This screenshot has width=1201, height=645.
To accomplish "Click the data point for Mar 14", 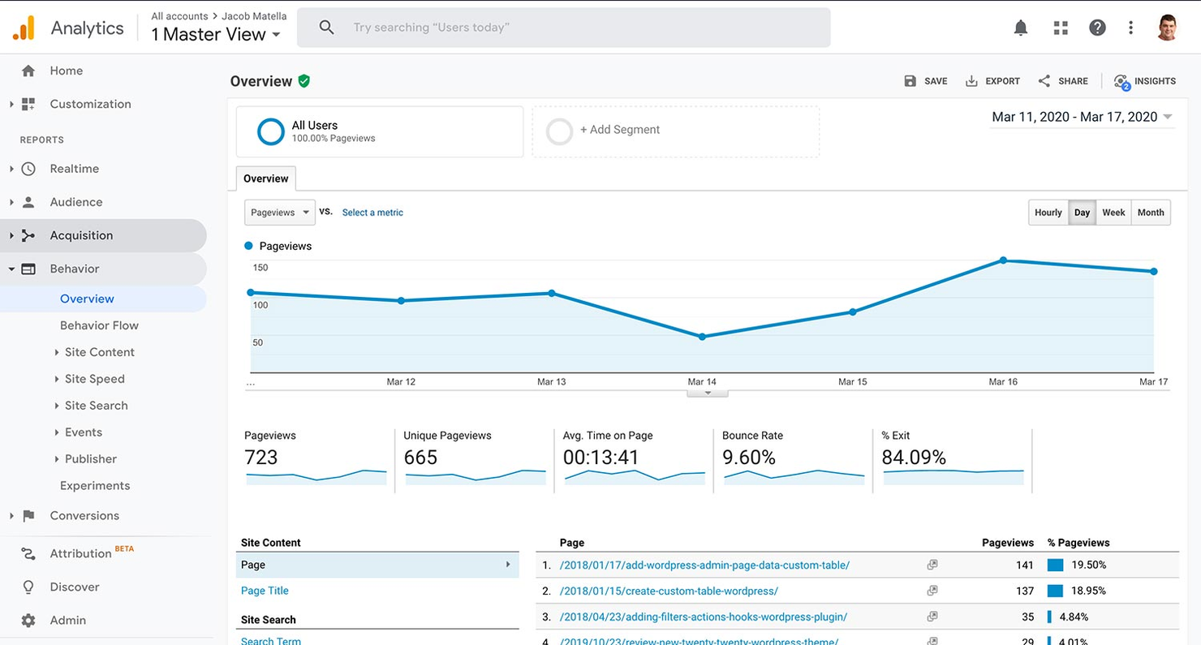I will pos(702,337).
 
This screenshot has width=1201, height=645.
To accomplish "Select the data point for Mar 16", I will pos(1003,260).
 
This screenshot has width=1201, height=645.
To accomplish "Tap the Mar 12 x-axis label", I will pos(401,381).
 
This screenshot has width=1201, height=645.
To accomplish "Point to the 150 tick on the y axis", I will pos(260,268).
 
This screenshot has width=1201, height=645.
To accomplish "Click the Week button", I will pos(1113,213).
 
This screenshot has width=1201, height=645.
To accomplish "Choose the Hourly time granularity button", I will pos(1048,213).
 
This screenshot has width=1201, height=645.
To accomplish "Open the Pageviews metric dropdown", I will pos(280,213).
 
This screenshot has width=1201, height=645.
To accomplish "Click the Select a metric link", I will pos(372,213).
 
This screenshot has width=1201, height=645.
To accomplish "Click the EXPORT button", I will pos(992,81).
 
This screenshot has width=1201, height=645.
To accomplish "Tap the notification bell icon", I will pos(1021,28).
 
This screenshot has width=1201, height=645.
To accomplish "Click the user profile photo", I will pos(1167,28).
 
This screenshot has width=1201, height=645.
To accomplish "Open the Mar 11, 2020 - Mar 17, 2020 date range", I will pos(1082,117).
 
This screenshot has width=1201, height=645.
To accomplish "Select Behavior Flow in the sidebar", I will pos(99,325).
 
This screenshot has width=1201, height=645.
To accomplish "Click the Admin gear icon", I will pos(28,620).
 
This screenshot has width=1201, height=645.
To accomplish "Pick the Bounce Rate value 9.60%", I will pos(749,458).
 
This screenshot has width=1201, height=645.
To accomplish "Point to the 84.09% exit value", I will pos(914,458).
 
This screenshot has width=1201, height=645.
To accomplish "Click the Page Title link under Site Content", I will pos(265,591).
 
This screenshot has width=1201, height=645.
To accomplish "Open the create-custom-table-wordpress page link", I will pos(669,591).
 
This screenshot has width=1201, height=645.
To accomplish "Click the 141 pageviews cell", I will pos(1024,565).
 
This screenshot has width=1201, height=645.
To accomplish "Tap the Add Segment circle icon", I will pos(559,131).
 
